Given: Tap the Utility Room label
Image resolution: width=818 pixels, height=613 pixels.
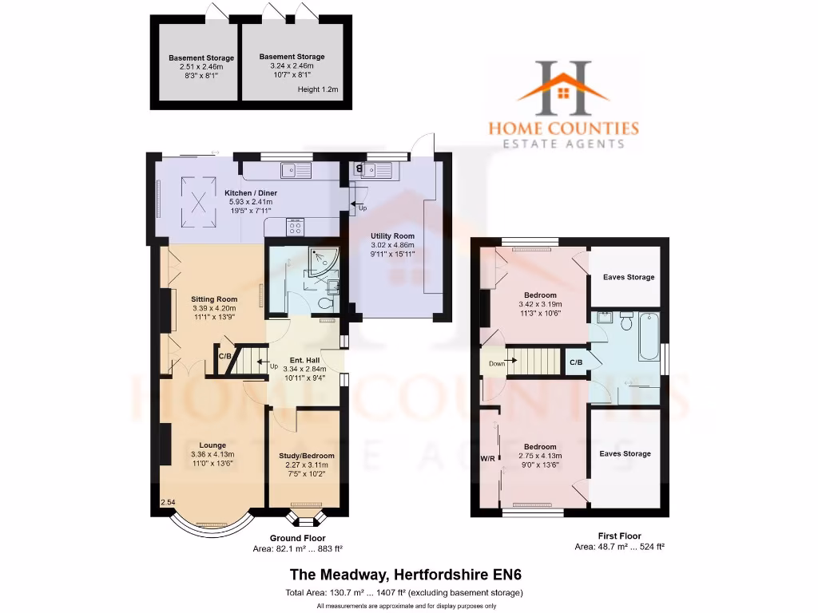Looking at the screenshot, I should [x=392, y=236].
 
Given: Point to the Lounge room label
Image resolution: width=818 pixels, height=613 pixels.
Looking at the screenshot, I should [x=212, y=445].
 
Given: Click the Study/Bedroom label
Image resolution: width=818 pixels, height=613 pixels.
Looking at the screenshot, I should [x=307, y=456].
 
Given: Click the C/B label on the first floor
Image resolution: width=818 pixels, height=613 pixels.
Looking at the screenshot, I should [x=576, y=362].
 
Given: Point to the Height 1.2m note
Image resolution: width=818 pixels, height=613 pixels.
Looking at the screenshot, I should [x=318, y=90].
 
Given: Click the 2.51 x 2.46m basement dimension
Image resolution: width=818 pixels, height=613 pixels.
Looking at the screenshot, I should [x=201, y=67].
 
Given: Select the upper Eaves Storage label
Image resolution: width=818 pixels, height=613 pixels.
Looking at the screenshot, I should [x=627, y=277].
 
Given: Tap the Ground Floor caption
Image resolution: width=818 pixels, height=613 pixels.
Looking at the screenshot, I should [x=297, y=538].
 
